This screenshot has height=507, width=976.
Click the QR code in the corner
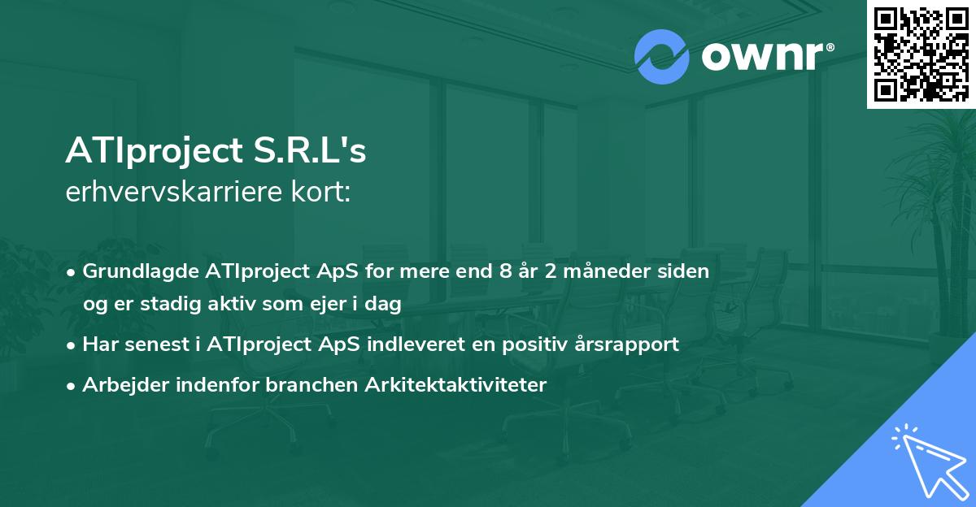(922, 54)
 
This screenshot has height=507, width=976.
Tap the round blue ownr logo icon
(662, 57)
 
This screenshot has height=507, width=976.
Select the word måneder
(606, 271)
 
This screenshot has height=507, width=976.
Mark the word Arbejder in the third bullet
(120, 385)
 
